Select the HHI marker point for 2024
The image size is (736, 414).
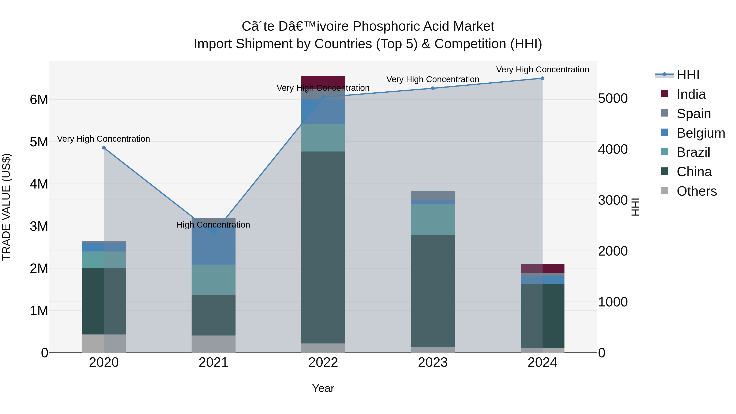pos(542,78)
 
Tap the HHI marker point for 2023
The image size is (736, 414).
pos(433,88)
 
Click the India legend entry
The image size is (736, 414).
pos(691,94)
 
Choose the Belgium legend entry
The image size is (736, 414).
pos(701,133)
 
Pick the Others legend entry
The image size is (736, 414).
pos(697,191)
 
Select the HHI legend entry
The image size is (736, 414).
pos(688,75)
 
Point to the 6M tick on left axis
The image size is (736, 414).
pos(39,100)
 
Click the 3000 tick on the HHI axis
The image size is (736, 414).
pos(613,200)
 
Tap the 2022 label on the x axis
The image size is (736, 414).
pos(323,362)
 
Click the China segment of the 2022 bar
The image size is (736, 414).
pos(323,247)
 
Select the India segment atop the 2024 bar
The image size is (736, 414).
pos(542,268)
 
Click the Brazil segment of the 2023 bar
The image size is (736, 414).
pos(433,219)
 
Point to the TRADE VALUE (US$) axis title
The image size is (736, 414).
pos(7,207)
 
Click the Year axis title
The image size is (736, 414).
pos(323,388)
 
